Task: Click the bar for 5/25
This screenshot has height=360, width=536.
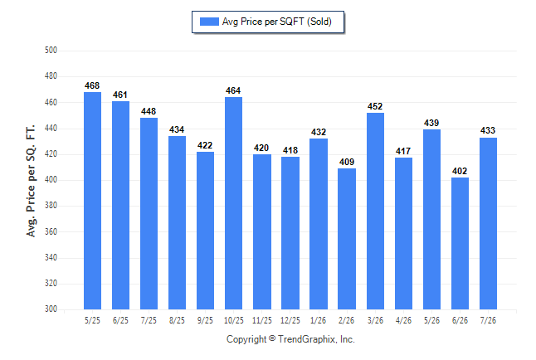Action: point(92,201)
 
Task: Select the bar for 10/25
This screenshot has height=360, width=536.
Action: point(233,203)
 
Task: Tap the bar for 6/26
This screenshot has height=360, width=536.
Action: point(460,243)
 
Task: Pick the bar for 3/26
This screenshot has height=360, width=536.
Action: point(375,211)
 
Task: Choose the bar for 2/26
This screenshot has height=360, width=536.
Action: point(347,239)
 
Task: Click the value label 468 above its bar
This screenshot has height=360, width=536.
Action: point(92,85)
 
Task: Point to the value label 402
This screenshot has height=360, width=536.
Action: point(460,171)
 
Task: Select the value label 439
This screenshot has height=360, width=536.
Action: point(431,123)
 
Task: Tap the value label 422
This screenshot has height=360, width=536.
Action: point(205,145)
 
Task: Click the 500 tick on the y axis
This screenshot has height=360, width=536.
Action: point(51,51)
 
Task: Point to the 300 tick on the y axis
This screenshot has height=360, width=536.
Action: point(51,309)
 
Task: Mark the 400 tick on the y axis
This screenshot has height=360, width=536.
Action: point(51,179)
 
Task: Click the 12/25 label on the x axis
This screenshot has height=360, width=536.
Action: point(290,320)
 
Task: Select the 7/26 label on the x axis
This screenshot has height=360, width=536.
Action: point(488,320)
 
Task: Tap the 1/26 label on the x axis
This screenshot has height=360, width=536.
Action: point(319,320)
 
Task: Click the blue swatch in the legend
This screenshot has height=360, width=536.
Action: point(209,22)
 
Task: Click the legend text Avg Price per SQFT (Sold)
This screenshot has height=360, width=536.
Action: point(277,22)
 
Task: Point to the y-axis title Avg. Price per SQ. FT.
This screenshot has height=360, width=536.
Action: point(31,181)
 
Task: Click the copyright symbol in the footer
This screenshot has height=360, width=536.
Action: point(272,338)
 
